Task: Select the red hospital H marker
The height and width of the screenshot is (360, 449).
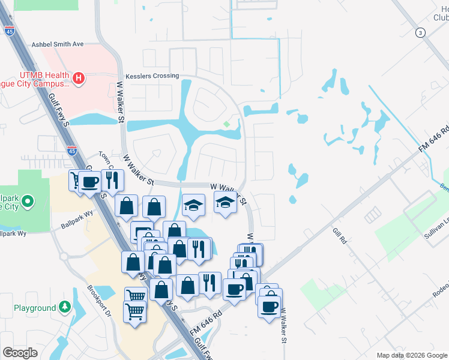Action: (77, 78)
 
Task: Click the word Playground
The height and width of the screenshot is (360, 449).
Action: (35, 308)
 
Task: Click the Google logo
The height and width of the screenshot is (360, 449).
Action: (20, 353)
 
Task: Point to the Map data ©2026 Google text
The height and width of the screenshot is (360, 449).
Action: (412, 355)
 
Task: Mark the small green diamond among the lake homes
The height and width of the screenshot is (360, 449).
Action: (226, 124)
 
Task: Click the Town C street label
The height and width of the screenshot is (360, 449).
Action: (107, 159)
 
